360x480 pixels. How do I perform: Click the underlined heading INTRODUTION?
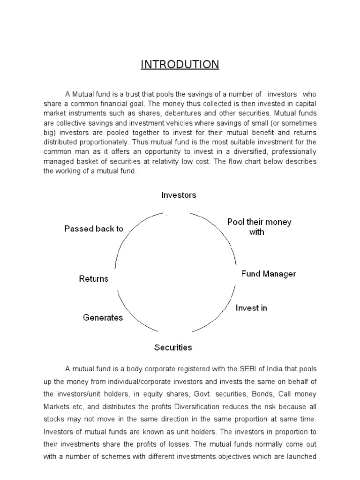180,64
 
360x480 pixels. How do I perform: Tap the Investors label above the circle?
179,195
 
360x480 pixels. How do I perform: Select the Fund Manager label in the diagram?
268,274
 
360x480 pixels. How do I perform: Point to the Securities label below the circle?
173,347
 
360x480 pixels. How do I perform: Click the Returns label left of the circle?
94,279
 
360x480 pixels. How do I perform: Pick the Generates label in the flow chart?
103,317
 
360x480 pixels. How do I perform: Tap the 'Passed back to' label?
94,229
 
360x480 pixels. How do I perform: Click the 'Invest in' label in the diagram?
251,308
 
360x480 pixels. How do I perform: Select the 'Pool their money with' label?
259,226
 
